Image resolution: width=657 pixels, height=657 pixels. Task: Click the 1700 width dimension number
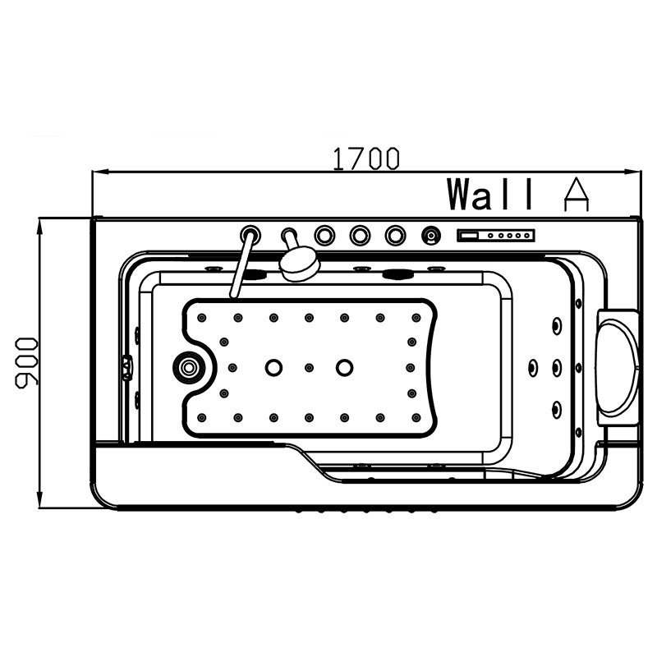(x=365, y=159)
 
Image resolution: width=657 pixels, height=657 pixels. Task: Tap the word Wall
(x=490, y=194)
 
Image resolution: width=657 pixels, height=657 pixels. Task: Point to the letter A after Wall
(x=576, y=194)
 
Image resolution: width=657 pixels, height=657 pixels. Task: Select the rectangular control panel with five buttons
(x=496, y=235)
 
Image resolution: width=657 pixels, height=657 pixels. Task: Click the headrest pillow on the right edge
(x=618, y=367)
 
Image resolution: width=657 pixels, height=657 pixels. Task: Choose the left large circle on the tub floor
(x=273, y=367)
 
